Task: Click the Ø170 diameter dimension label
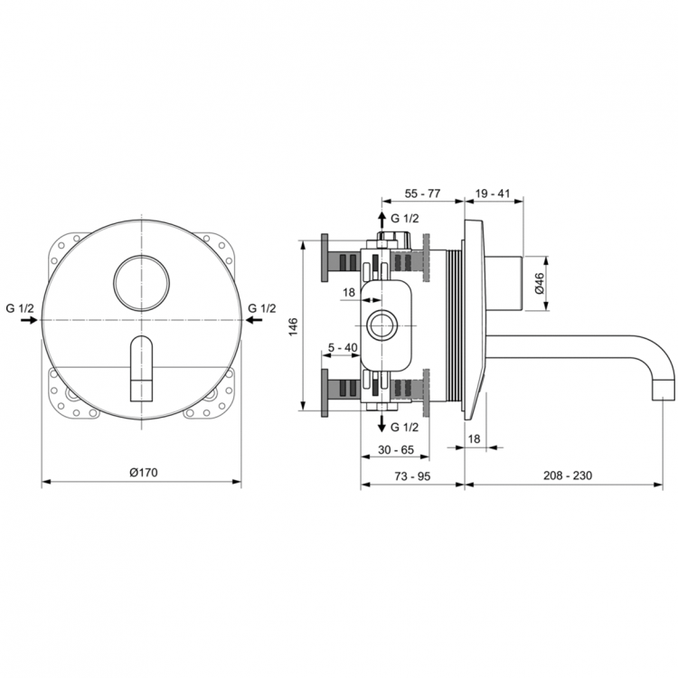143,472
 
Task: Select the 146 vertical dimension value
293,326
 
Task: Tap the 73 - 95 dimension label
413,474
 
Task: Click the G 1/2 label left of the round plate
19,308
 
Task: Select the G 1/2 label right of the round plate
263,308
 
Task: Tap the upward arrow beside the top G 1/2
381,221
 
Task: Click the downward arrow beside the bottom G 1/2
381,425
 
